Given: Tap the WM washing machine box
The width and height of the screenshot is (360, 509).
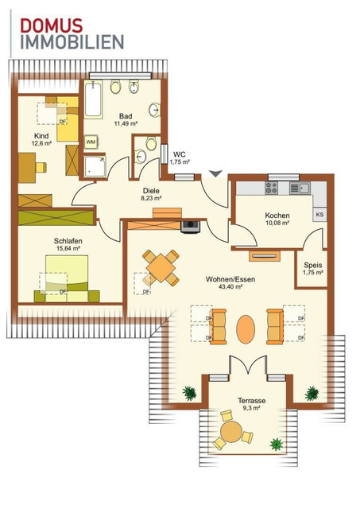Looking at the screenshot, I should [91, 141].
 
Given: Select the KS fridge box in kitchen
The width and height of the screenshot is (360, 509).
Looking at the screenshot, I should [319, 215].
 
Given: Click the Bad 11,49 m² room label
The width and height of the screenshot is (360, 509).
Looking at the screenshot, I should [126, 119].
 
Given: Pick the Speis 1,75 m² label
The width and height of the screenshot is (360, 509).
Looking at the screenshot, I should [312, 268].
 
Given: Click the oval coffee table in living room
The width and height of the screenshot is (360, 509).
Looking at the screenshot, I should [246, 325].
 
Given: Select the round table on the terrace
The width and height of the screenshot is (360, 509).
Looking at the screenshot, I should [232, 433].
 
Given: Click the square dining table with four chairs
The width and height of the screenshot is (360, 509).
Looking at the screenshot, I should [161, 267].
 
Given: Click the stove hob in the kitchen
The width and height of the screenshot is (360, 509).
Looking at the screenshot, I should [271, 188].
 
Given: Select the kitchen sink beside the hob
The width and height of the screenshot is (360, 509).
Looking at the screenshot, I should [300, 188].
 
